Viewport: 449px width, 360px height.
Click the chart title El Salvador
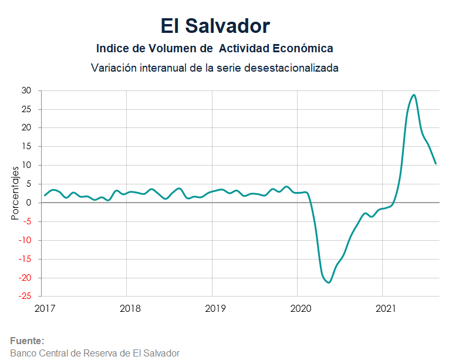point(215,26)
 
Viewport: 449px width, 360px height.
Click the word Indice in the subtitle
point(111,48)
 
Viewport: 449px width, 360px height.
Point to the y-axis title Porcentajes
point(16,193)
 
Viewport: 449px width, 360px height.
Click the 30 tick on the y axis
point(26,90)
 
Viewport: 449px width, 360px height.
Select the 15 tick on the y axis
point(26,146)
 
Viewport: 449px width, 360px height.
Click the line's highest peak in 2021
point(414,95)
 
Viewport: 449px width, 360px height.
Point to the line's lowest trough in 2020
point(329,282)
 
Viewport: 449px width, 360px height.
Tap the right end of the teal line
point(436,163)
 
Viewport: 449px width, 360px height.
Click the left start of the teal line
point(45,195)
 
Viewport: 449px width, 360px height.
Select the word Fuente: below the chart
point(27,341)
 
